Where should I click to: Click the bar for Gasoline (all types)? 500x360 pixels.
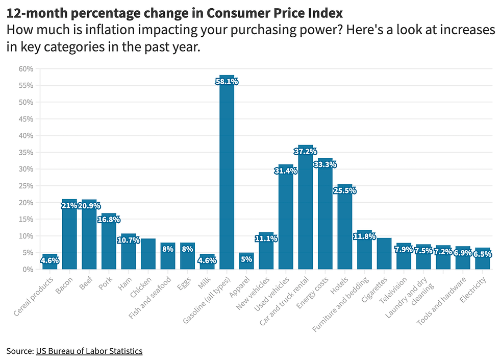point(227,174)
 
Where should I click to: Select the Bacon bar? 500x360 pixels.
point(69,235)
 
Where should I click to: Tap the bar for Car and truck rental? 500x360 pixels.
point(305,209)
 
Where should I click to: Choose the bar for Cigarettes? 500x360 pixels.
point(384,253)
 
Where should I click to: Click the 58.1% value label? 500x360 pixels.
point(227,81)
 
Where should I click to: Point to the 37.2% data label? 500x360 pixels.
point(305,151)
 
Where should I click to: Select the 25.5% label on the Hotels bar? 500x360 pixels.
point(345,190)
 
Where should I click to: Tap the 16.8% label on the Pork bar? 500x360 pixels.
point(109,220)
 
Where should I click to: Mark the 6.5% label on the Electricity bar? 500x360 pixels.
point(482,254)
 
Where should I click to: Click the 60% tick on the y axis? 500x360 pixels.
point(26,69)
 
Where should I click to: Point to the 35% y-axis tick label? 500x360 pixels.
point(26,153)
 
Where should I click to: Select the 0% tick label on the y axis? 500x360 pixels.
point(28,269)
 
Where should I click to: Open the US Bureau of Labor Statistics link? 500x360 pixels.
point(89,351)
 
